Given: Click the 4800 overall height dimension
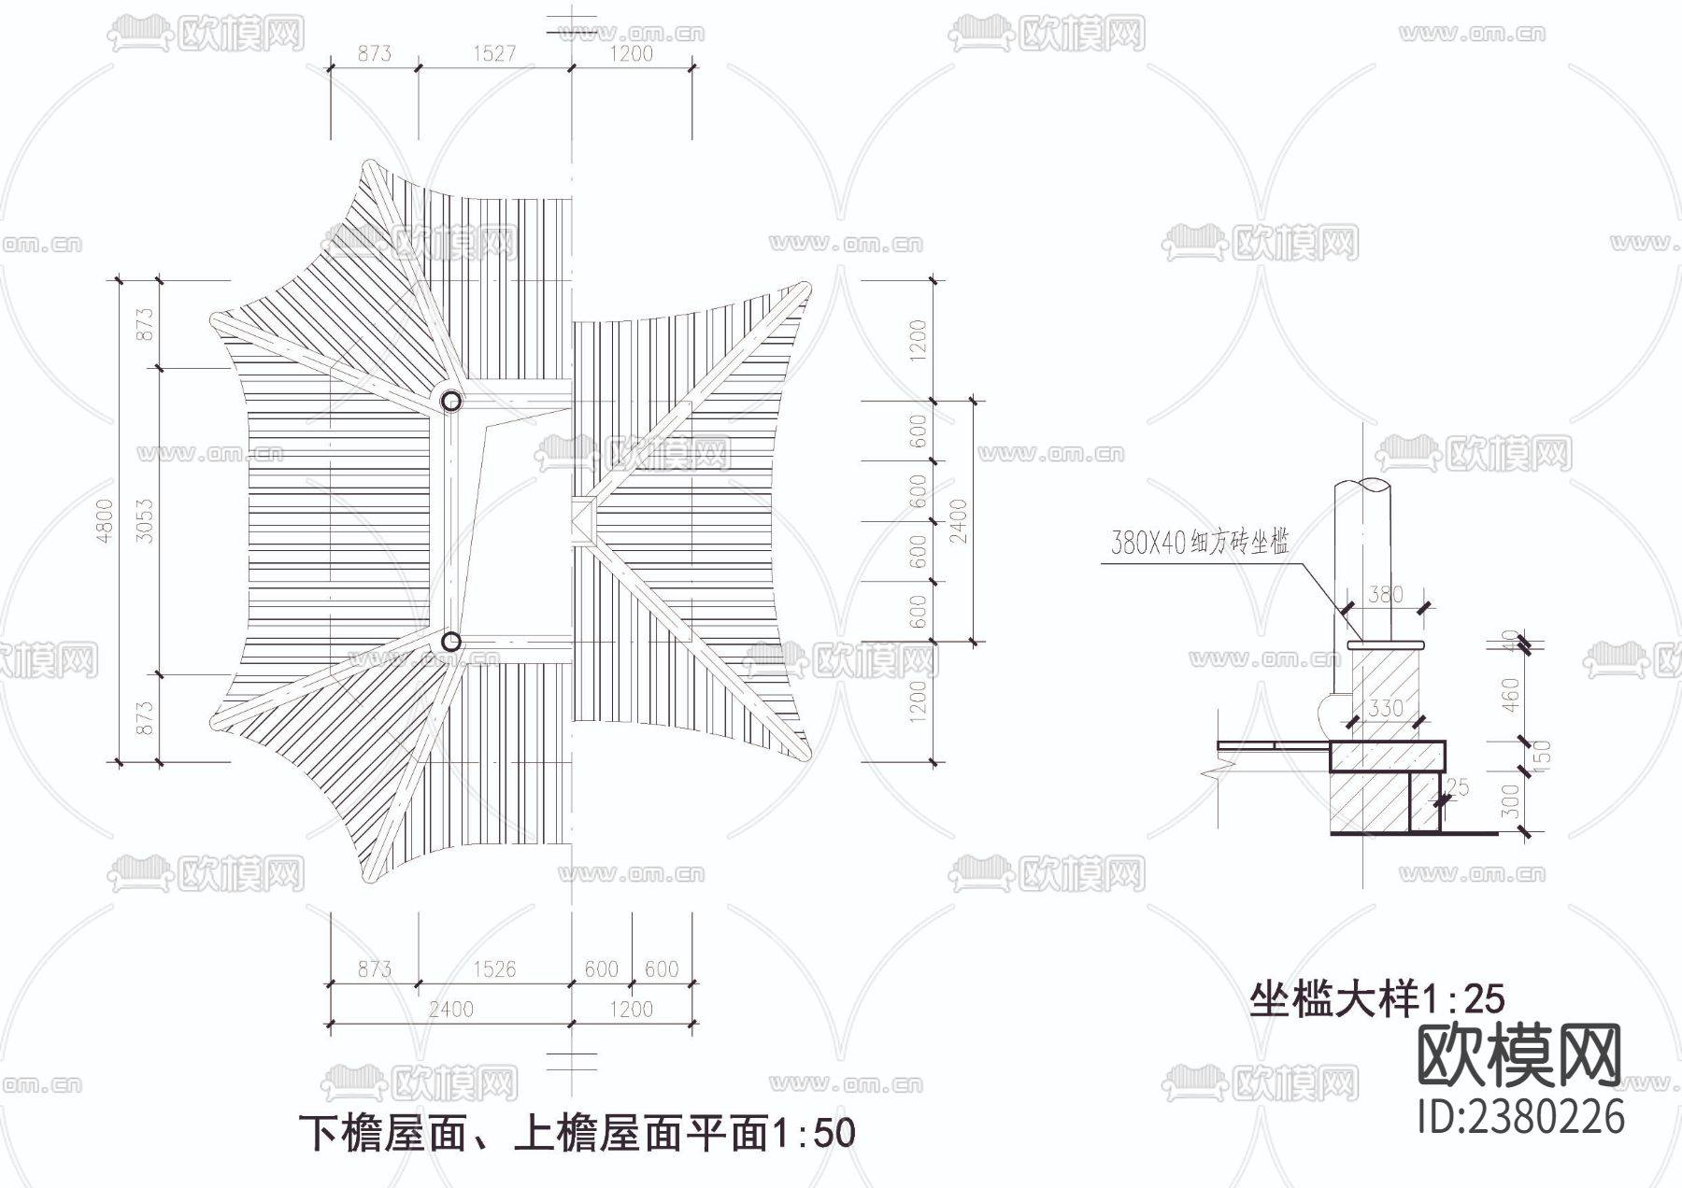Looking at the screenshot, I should click(x=105, y=520).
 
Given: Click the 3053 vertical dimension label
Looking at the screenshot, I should click(x=145, y=520).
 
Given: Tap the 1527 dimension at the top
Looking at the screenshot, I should click(x=493, y=53).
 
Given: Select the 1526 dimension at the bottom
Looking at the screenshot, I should click(x=493, y=969).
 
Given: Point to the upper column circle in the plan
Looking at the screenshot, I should click(x=451, y=402).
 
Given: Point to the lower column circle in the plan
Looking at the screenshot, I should click(x=451, y=642).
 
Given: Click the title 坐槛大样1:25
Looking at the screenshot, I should click(x=1377, y=999).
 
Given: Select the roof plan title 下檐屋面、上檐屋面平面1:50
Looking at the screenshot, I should click(x=577, y=1133).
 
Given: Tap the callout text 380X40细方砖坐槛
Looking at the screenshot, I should click(x=1200, y=543).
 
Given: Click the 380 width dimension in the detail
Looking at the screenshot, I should click(x=1385, y=594).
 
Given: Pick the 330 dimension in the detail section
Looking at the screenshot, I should click(x=1385, y=708).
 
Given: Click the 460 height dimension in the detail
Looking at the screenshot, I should click(x=1512, y=693).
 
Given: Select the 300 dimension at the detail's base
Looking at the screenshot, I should click(x=1512, y=800).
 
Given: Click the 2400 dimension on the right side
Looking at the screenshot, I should click(x=959, y=520).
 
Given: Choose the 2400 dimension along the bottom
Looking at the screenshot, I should click(x=450, y=1009).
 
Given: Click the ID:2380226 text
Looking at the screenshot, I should click(x=1521, y=1116).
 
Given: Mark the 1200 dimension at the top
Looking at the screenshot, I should click(x=631, y=53).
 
